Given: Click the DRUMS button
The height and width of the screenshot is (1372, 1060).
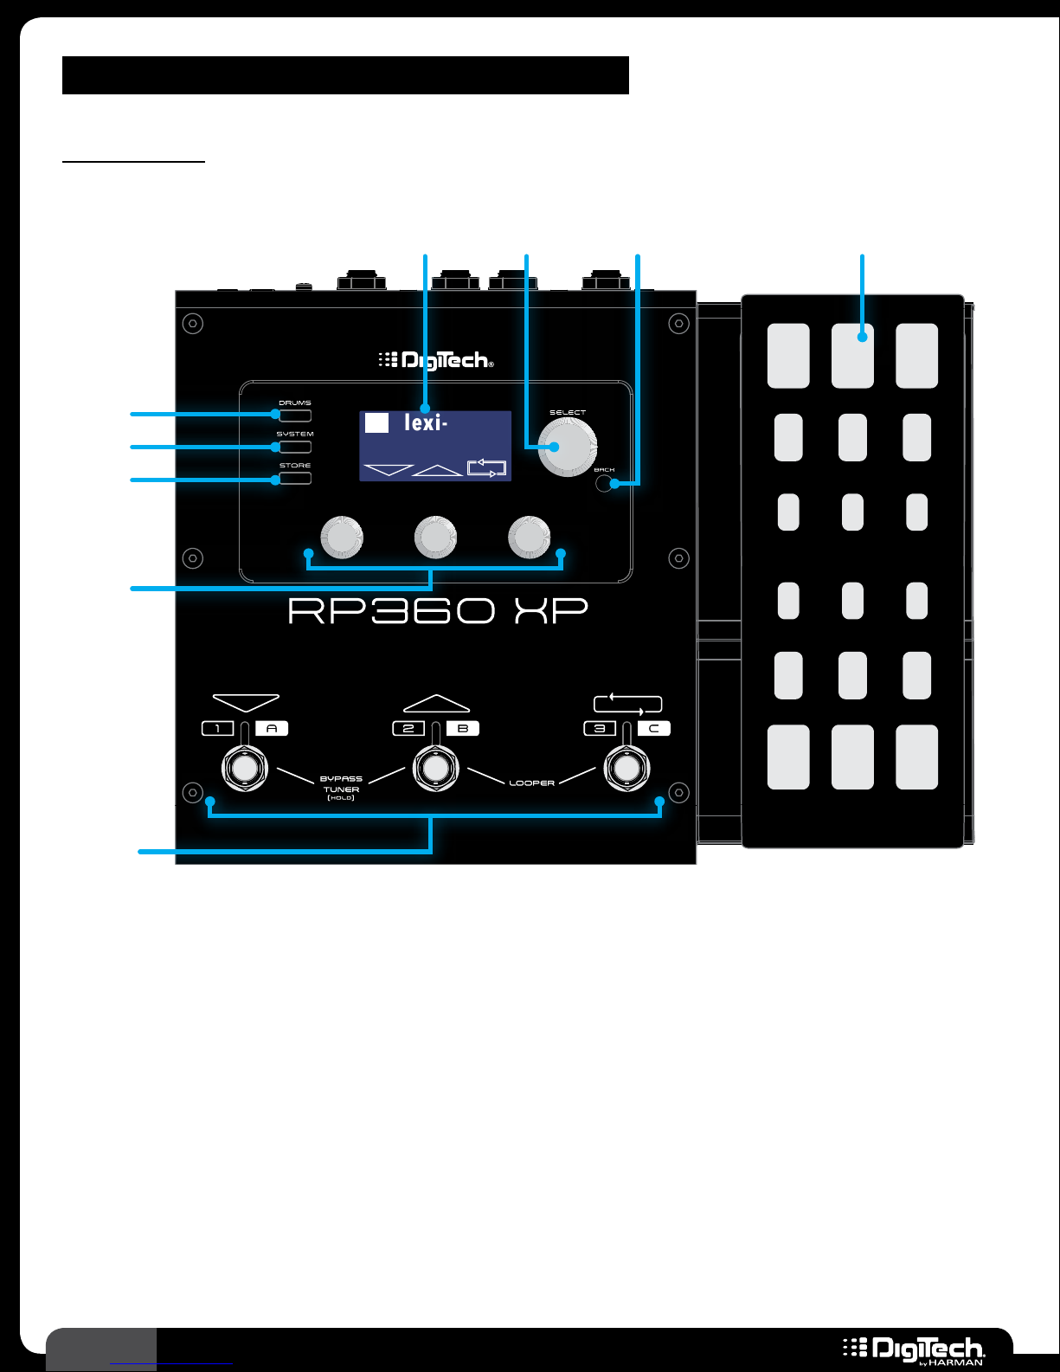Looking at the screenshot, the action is pos(295,415).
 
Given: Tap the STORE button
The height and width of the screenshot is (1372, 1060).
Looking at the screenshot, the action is pos(295,478).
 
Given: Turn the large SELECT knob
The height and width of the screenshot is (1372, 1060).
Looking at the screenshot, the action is pos(568,447).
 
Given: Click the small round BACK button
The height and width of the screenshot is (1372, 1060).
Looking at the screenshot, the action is pos(604,484).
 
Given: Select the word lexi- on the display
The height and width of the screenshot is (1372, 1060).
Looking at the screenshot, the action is pos(426,423).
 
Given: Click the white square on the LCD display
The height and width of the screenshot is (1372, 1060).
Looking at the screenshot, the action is pos(376,422).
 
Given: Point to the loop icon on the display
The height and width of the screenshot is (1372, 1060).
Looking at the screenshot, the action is pos(486,467).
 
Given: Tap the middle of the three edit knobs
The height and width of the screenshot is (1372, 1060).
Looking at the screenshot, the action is pos(435,538).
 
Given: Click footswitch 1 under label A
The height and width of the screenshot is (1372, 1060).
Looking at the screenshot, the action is pos(245,769).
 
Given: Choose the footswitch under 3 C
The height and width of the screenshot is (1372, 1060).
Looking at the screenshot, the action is pos(626,769).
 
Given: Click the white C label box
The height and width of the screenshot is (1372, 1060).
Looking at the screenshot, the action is pos(653,729).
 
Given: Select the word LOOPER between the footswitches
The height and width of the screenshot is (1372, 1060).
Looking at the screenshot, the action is pos(532,783).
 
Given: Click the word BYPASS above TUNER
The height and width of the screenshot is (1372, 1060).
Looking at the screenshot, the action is pos(341,778).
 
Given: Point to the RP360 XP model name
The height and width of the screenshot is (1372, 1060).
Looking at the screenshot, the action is pos(438,610).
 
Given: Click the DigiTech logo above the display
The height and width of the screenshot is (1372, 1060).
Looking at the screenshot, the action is pos(436,360).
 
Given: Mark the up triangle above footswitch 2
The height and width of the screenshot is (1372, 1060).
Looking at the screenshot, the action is pos(436,703).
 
